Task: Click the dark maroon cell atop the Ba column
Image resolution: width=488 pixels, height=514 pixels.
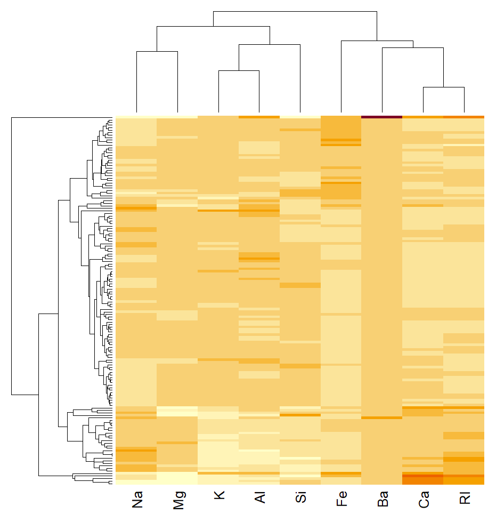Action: pos(381,117)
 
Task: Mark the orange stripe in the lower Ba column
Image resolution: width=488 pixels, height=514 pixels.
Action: pos(381,418)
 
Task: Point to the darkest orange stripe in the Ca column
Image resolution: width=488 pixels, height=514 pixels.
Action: pos(422,476)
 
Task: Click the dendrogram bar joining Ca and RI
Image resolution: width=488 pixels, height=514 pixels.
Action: pos(444,87)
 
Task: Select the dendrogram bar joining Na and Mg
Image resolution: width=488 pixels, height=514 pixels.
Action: pos(157,52)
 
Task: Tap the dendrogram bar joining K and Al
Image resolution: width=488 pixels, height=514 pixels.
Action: pos(239,70)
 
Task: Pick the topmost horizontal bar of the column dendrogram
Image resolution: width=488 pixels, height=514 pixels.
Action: pos(295,11)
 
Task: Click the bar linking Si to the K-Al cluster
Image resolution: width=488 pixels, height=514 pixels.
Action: pos(270,45)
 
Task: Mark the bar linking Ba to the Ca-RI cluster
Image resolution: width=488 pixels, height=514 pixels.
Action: pos(413,48)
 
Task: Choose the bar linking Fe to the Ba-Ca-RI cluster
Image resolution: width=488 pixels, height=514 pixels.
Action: pos(377,41)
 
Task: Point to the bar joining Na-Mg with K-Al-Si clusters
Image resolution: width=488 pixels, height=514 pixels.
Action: pos(213,26)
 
